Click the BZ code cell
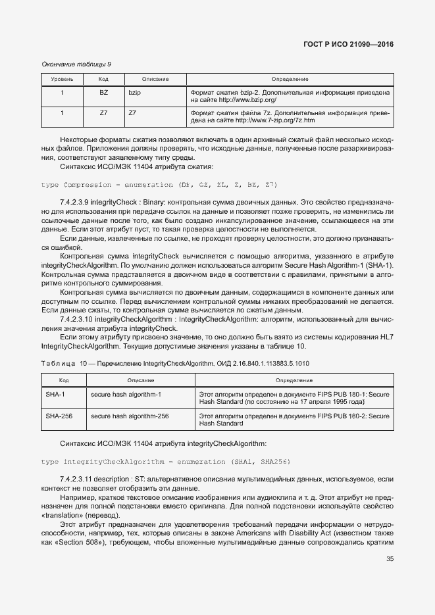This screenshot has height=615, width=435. [103, 93]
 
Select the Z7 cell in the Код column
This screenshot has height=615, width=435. [103, 113]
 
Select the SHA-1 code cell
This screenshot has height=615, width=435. [55, 394]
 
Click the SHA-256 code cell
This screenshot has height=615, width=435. [59, 416]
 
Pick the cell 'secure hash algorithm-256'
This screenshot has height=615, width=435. [130, 416]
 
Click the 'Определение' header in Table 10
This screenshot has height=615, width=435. [294, 380]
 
